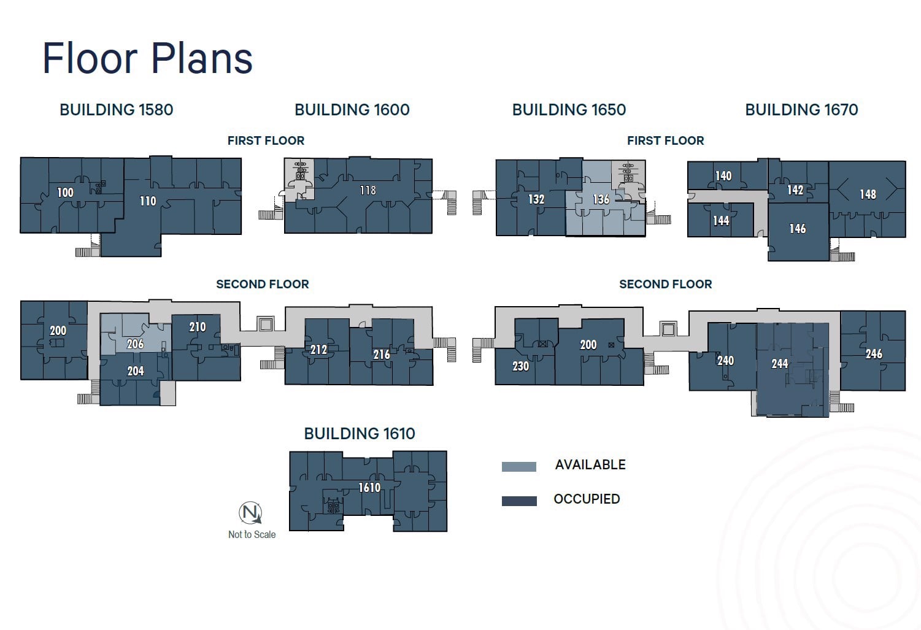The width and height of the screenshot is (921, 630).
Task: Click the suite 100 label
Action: pos(65,193)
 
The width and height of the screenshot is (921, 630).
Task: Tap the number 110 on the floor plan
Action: pos(148,201)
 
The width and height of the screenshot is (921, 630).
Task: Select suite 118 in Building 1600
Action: pos(368,191)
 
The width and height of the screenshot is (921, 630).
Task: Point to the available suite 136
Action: pos(601,199)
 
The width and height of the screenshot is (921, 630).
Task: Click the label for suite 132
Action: pos(536,199)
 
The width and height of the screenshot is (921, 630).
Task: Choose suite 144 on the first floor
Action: pos(721,221)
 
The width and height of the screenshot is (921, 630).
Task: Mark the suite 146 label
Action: pos(798,229)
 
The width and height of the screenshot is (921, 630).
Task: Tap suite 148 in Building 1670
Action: pos(868,194)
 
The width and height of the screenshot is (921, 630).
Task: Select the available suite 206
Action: pos(135,344)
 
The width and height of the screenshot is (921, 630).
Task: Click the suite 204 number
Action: pos(136,371)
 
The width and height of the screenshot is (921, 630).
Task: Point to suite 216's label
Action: pos(382,355)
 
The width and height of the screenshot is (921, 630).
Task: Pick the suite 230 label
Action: pos(520,366)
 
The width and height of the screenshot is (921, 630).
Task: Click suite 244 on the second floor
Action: pos(779,364)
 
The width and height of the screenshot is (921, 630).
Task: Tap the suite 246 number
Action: pos(874,354)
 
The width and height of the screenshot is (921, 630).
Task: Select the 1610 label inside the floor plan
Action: pos(369,488)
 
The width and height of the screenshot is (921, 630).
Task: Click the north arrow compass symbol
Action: pos(250,513)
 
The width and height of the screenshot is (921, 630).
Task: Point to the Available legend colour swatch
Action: pos(519,467)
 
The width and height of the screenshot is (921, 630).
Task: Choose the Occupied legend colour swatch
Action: pos(519,501)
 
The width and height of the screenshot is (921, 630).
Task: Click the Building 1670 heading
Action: pos(801,110)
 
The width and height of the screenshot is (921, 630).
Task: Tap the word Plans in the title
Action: pos(201,59)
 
